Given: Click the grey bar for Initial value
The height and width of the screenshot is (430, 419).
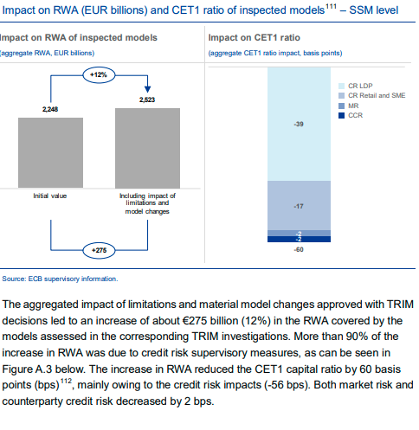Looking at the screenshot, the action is coord(50,152).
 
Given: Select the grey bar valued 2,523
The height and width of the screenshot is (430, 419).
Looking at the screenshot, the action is coord(147,148).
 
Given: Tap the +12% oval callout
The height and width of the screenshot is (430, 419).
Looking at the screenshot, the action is coord(99,75).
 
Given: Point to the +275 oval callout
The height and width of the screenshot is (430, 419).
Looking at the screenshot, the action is coord(99,250).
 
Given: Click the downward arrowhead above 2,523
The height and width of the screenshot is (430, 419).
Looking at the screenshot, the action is coord(147,89).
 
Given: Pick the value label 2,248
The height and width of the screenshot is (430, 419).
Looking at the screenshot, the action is coord(50,109).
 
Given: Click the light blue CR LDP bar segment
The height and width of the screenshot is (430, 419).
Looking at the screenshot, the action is coord(299,124).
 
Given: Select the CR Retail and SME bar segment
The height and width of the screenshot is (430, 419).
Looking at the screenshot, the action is coord(299,206).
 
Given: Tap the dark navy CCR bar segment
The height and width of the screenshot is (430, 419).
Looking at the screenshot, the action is coord(299,239).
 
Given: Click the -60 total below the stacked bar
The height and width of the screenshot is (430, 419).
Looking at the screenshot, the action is coord(299,250).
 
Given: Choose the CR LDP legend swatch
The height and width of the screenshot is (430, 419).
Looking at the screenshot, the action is coord(341,86).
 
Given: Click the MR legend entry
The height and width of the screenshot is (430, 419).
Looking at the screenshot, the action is coord(348,106).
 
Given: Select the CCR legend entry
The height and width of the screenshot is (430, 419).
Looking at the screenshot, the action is coord(351,115).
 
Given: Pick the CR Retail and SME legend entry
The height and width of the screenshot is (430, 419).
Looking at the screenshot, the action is coord(371,95).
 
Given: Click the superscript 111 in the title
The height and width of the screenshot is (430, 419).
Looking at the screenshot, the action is coord(331,6).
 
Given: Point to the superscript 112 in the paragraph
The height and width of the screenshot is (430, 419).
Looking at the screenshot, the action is coord(66,382).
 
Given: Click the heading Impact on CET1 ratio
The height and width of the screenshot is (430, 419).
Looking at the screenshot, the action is coord(255,38).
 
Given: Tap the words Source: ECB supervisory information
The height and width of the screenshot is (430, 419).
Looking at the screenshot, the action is coord(60,279).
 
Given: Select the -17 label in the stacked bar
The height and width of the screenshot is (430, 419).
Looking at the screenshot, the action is coord(299,206).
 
